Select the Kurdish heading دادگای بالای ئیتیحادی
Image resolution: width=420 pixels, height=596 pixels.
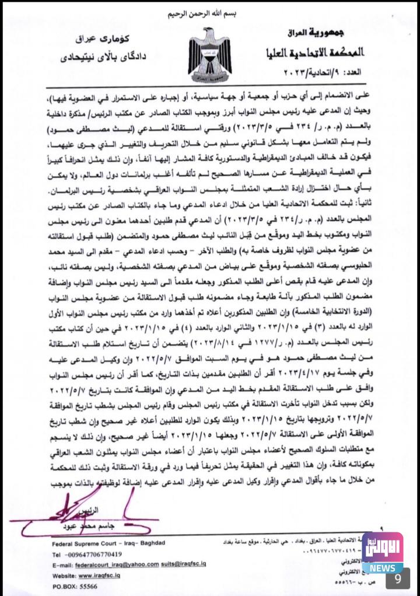(101, 58)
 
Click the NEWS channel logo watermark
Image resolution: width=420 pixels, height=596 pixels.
(382, 552)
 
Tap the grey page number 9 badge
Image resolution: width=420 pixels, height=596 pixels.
(397, 578)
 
